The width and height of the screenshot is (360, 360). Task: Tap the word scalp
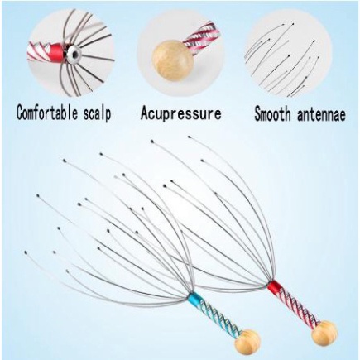tap(98, 113)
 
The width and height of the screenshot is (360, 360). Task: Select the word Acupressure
tap(181, 113)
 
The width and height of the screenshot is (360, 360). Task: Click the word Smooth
tap(272, 113)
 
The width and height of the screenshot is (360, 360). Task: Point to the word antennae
tap(321, 114)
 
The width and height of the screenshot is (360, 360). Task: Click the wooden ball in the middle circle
tap(173, 60)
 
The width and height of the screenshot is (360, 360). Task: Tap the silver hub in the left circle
tap(74, 52)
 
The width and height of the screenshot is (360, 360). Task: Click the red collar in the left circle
tap(59, 50)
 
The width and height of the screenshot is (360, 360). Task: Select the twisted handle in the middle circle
tap(203, 39)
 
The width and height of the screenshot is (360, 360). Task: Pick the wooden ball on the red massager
tap(324, 333)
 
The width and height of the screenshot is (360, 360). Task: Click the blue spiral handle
tap(218, 317)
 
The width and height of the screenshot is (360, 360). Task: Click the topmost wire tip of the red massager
tap(190, 137)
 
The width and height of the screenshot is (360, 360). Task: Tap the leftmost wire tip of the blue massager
tap(26, 252)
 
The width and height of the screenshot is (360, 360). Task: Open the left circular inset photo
tap(70, 52)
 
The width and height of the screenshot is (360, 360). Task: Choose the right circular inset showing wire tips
tap(288, 52)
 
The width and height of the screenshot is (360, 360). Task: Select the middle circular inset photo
tap(180, 52)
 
